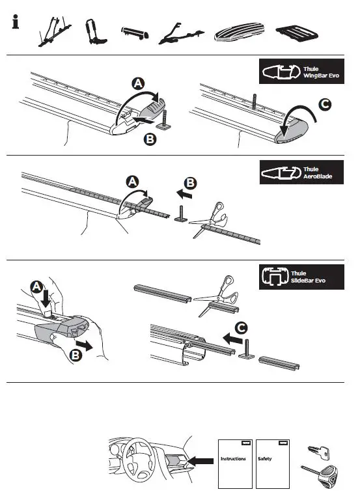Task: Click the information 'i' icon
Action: point(16,23)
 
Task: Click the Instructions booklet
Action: point(234,463)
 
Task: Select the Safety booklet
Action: point(271,463)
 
